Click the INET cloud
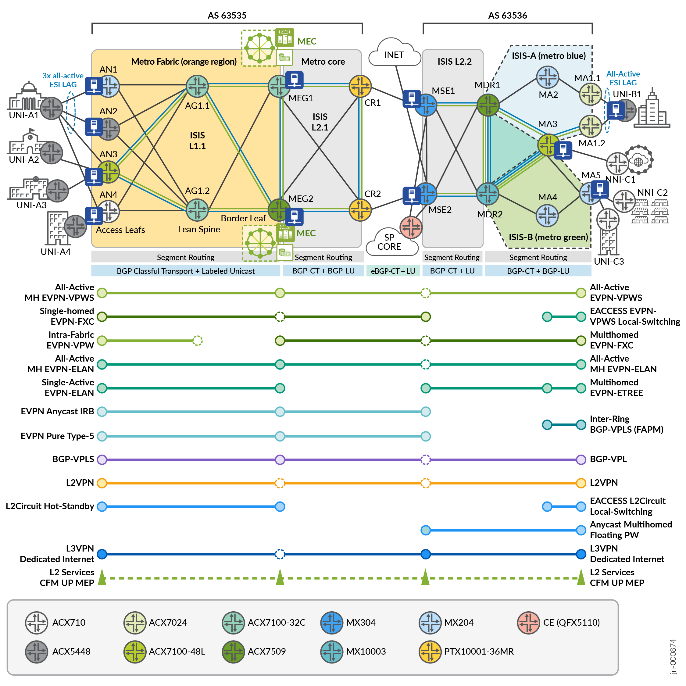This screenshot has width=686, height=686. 394,53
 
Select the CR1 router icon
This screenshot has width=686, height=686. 360,86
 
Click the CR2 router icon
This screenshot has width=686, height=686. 360,210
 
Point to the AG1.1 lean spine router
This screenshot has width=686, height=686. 197,86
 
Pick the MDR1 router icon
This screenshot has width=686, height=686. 488,105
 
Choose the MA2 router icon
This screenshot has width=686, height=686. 547,77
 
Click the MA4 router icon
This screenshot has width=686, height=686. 547,216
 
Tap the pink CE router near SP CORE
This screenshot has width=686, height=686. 411,227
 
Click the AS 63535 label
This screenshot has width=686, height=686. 227,15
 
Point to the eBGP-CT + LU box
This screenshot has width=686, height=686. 393,271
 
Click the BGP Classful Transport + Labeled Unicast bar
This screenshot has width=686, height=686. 185,271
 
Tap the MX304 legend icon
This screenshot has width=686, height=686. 331,623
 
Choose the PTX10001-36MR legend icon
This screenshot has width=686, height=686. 430,652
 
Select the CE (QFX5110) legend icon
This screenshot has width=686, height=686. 528,623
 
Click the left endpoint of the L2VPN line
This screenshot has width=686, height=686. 102,483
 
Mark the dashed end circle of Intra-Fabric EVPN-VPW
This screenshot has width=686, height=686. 198,341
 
